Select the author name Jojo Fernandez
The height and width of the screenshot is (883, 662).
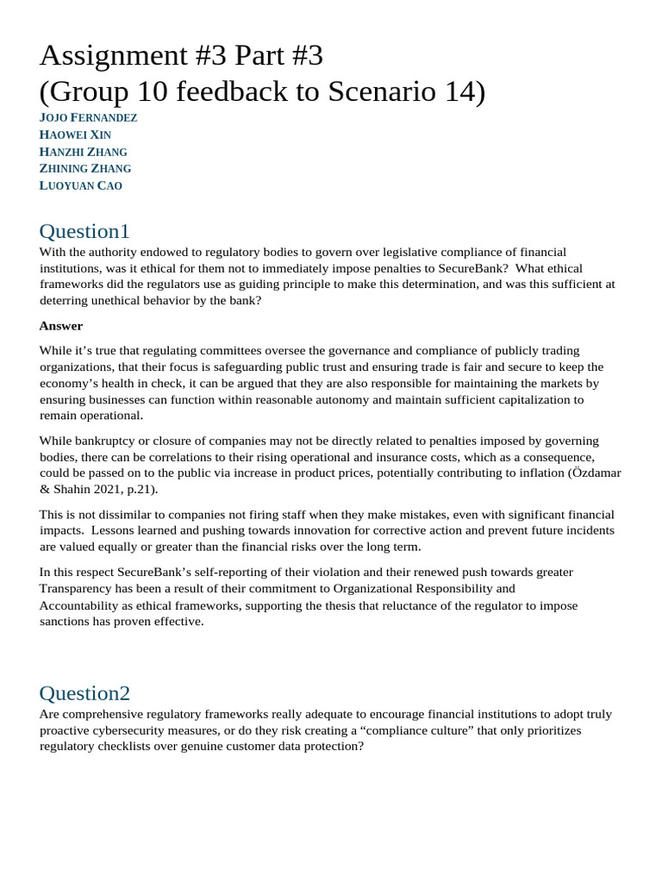[x=88, y=117]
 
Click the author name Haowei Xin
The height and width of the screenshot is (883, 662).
[x=75, y=135]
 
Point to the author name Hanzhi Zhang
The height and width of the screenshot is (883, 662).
[x=83, y=152]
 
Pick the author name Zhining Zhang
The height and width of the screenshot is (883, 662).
[x=85, y=168]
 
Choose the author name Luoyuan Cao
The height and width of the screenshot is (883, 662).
[x=81, y=185]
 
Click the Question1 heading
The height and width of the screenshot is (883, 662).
[x=84, y=231]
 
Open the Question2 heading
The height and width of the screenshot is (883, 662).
[x=84, y=693]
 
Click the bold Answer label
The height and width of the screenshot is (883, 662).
[x=60, y=326]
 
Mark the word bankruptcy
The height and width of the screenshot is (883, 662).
[x=108, y=441]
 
